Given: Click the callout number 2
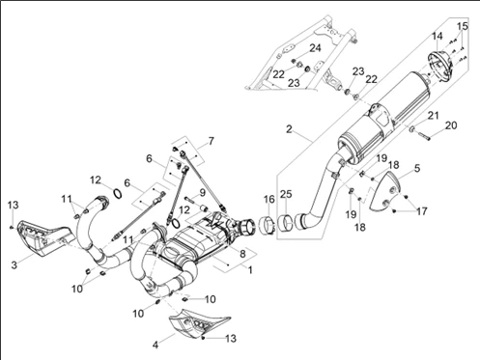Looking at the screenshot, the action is coord(289,129).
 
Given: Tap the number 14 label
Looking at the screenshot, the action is coord(438,36).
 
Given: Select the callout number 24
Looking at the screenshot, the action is coord(316,48).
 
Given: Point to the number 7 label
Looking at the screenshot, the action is coord(211,141).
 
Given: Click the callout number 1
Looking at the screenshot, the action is coord(250,269).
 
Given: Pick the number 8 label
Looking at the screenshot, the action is coord(242,254).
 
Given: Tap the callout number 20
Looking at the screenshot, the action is coord(451,125).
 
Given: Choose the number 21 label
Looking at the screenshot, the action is coord(434,115).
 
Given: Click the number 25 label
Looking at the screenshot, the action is coord(286,194).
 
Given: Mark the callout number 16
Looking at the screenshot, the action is coord(269,200).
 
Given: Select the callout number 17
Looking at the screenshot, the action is coord(421,211).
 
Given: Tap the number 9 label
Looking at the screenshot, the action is coord(202,193).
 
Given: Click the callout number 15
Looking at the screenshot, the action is coord(463,26).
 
